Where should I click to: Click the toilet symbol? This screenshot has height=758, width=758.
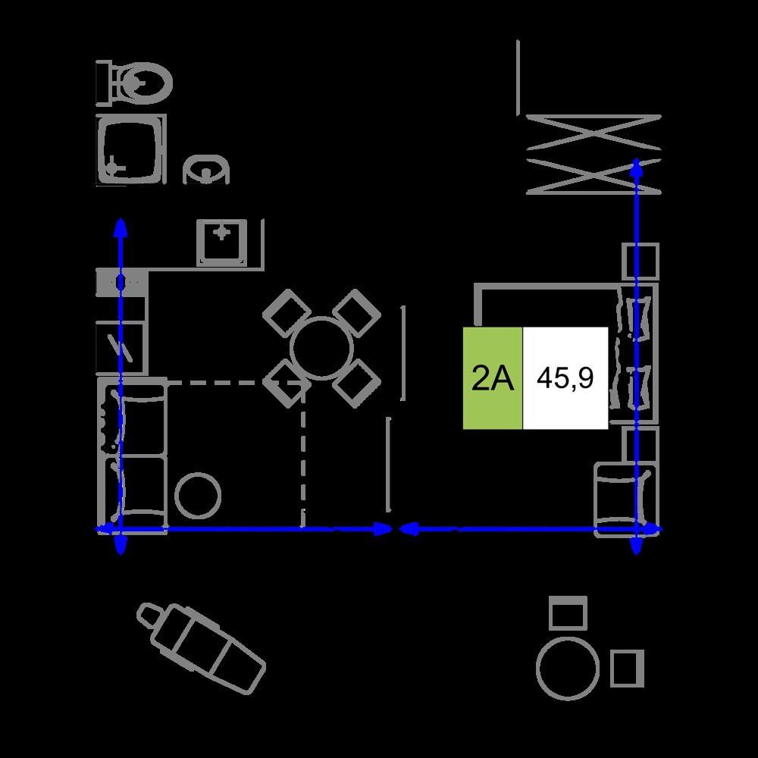coord(134,83)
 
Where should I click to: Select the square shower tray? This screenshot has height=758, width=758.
coord(131,150)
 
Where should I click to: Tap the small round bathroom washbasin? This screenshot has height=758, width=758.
coord(206,169)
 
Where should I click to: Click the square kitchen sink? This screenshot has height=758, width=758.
coord(222,243)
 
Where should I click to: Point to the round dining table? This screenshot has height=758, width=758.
coord(321,348)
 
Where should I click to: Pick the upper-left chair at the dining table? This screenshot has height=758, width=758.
coord(287,313)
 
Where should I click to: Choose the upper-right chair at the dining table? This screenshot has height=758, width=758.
coord(357,313)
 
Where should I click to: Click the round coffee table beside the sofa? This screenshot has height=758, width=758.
coord(198,496)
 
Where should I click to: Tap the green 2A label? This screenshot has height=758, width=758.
coord(493,378)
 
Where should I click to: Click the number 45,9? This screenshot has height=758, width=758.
coord(565,378)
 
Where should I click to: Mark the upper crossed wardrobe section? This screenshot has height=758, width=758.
coord(594,132)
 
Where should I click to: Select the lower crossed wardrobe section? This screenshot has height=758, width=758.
coord(594,177)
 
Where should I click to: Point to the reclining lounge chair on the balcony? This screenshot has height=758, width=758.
coord(202,648)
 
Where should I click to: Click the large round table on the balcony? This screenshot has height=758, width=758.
coord(568,669)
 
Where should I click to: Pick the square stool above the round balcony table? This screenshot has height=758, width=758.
coord(568,612)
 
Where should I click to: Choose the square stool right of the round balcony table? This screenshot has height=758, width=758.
coord(628,669)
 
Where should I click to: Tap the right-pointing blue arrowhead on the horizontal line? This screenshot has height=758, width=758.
coord(384,529)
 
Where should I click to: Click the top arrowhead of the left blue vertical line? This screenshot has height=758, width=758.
coord(121,227)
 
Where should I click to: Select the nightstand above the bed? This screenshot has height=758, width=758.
coord(641,262)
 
